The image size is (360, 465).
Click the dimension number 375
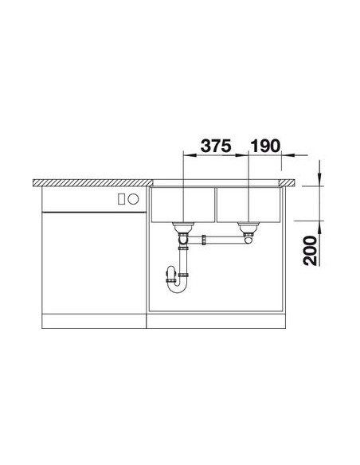tap(216, 146)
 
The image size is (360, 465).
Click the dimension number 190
tap(265, 146)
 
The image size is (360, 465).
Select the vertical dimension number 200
tap(310, 251)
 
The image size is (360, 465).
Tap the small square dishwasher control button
tap(121, 199)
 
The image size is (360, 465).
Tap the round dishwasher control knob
tap(134, 199)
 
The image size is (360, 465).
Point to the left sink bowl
tap(182, 205)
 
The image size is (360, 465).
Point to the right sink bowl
tap(248, 205)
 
